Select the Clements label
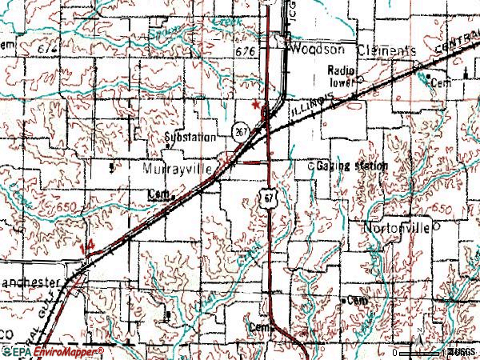coord(383,50)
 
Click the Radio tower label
coord(342,75)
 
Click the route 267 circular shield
coord(240,130)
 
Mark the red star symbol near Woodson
coord(256,104)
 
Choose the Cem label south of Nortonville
coord(354,300)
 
